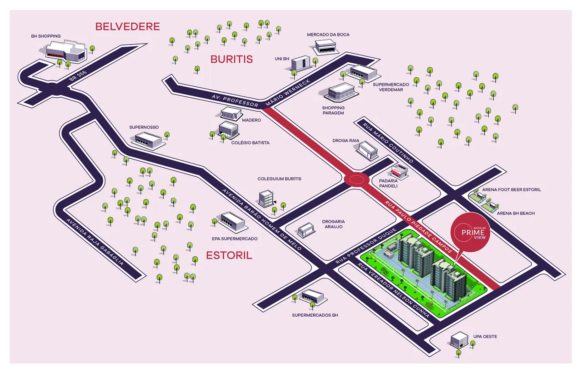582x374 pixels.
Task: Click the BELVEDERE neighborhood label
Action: pos(127,26)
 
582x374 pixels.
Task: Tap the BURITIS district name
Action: pos(231,59)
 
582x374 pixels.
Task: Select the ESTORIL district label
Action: pos(229,255)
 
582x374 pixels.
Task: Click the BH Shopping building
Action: pos(66,50)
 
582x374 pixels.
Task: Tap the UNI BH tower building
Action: pos(300,63)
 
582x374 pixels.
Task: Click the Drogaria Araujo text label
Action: pos(332,224)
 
